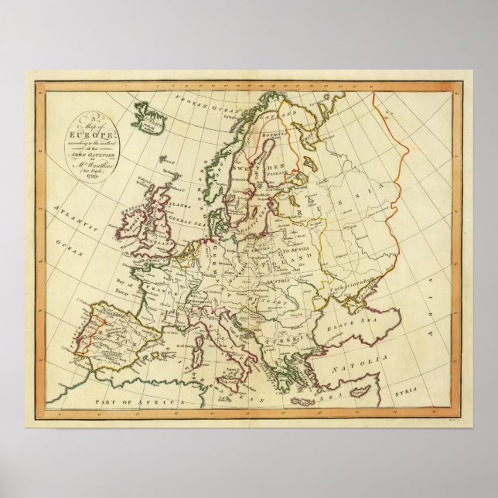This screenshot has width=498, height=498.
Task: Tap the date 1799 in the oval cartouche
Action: [92, 176]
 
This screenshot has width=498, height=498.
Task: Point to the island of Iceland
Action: [148, 118]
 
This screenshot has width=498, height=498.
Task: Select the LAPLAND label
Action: [284, 114]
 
